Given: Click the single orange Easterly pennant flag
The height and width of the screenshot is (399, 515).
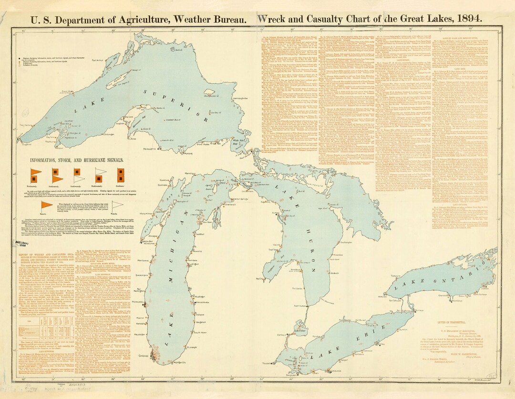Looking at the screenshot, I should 46,205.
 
